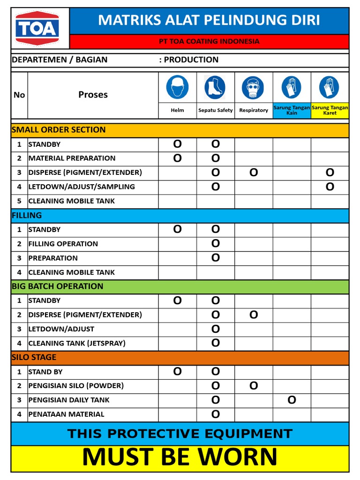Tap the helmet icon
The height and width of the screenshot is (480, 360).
[x=177, y=88]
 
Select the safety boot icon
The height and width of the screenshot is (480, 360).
[x=215, y=88]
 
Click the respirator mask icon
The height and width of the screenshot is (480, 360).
[x=253, y=88]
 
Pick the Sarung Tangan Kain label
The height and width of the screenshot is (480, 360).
[x=292, y=110]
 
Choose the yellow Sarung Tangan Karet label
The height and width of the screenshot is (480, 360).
[x=330, y=110]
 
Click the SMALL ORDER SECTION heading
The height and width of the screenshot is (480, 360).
[x=59, y=130]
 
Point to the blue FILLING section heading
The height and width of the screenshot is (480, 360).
[x=27, y=216]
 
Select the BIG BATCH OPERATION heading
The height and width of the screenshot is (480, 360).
[x=57, y=286]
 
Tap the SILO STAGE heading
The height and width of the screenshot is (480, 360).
[x=34, y=357]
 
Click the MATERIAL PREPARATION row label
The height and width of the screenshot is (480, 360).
[x=72, y=158]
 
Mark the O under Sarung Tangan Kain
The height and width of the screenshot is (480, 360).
[x=292, y=400]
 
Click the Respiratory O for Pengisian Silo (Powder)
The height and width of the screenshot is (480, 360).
[x=254, y=386]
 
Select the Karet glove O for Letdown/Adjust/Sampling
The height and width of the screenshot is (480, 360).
[x=330, y=187]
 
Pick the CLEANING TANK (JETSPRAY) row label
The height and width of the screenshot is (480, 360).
[x=77, y=343]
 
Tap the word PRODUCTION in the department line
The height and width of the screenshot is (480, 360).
[x=191, y=60]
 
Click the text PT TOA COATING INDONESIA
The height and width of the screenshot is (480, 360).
[x=209, y=41]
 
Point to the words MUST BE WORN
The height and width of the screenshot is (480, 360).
[x=180, y=457]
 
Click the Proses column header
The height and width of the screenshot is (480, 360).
[x=93, y=95]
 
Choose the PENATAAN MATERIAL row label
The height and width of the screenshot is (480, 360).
[x=66, y=414]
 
